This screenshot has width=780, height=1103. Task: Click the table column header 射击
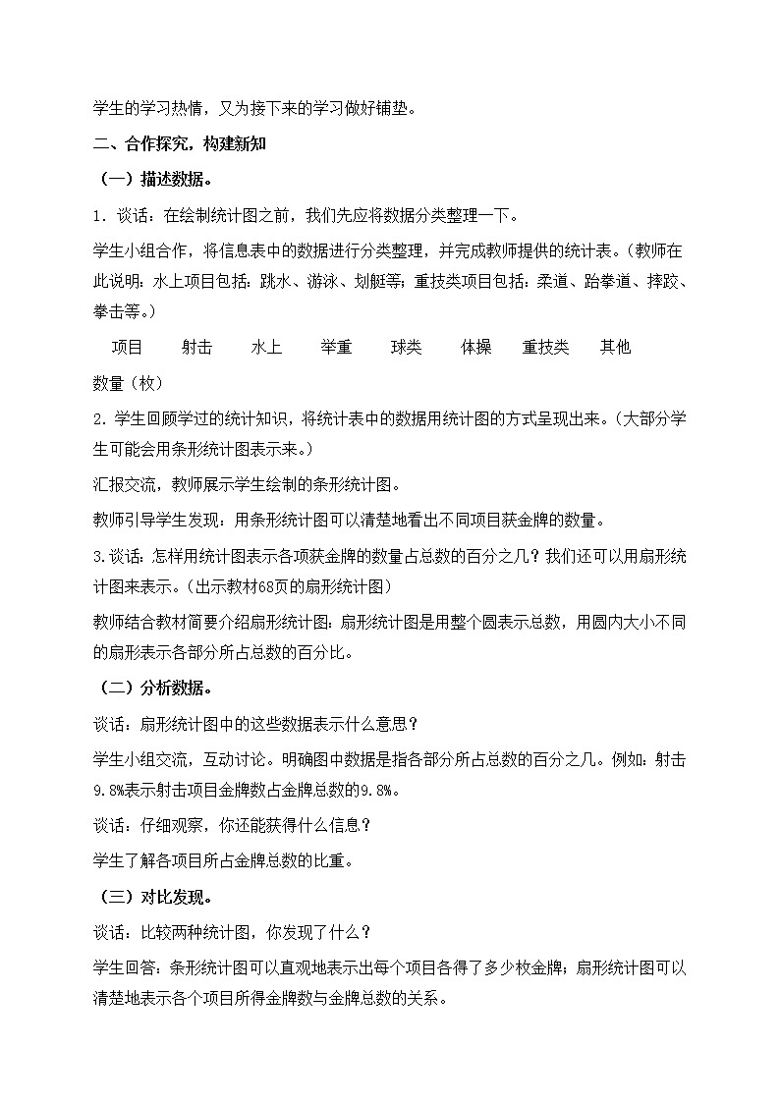pos(197,347)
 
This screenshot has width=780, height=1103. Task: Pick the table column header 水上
pos(267,347)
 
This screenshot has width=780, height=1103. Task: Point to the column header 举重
pos(337,347)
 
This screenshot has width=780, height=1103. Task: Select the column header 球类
pos(407,347)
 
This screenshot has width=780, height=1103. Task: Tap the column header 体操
pos(476,347)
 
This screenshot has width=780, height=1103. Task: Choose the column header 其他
pos(616,347)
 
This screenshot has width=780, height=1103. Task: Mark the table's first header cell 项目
pos(128,347)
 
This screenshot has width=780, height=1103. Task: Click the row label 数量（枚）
pos(129,382)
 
